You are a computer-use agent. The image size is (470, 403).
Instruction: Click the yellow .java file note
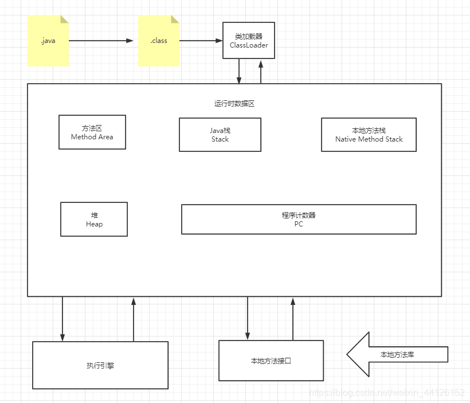coord(48,41)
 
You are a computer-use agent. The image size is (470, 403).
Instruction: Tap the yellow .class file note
coord(159,41)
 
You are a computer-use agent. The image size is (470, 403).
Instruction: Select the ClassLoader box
coord(249,41)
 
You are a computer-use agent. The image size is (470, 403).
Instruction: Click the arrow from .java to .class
coord(101,41)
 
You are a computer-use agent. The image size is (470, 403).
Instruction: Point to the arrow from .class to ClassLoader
coord(201,41)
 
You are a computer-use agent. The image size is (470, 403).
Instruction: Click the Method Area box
coord(92,132)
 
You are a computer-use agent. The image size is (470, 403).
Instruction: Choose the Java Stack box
coord(220,135)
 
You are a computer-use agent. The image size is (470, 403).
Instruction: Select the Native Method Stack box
coord(369,135)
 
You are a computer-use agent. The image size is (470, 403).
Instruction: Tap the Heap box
coord(94,219)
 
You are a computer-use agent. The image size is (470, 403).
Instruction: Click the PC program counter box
coord(299,220)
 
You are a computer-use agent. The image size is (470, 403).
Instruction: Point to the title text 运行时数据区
coord(234,104)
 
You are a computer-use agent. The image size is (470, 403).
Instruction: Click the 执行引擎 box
coord(100,365)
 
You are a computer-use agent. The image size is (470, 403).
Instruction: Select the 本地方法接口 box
coord(271,361)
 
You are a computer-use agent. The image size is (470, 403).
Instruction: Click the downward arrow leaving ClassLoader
coord(239,71)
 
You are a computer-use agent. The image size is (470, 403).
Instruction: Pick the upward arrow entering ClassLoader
coord(261,71)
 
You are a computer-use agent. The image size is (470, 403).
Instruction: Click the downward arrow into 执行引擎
coord(62,319)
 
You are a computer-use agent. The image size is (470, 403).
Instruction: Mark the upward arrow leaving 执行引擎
coord(134,319)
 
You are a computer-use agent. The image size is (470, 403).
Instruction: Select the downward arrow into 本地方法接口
coord(248,318)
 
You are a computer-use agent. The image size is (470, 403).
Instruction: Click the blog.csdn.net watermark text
coord(387,393)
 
